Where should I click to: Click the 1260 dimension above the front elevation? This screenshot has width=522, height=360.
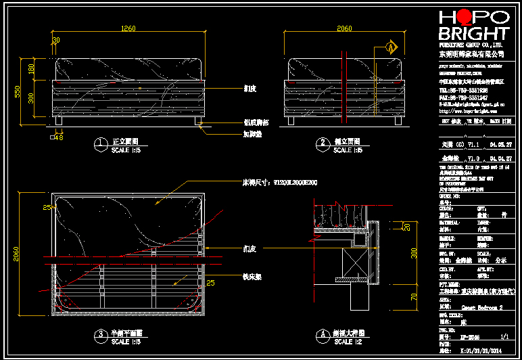(x=128, y=28)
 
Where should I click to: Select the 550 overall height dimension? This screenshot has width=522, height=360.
(x=19, y=91)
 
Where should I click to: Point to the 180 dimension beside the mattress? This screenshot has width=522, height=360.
(x=30, y=69)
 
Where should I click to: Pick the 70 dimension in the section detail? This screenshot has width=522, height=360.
(x=413, y=296)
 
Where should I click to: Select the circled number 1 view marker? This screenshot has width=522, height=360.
(x=100, y=143)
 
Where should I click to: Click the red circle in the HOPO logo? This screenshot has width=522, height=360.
(x=466, y=18)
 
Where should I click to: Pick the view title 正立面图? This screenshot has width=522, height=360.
(x=125, y=143)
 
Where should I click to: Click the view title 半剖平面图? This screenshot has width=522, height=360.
(x=127, y=334)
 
